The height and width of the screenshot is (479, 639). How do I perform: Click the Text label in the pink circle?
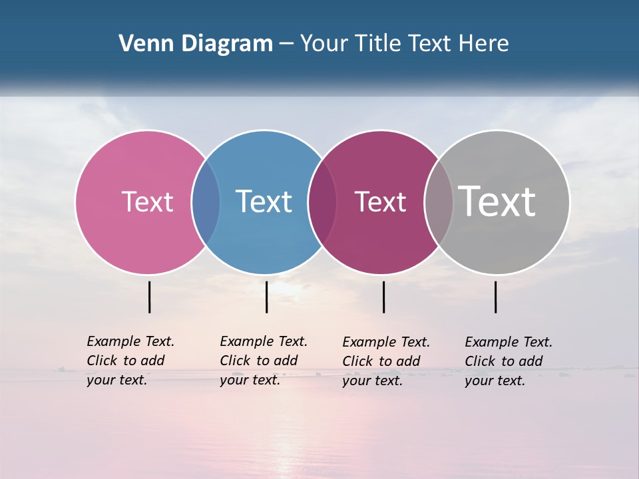click(147, 202)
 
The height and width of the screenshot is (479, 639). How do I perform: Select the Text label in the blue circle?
click(264, 202)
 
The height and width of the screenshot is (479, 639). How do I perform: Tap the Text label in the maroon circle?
click(380, 202)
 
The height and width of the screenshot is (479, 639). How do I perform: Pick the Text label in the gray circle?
click(497, 201)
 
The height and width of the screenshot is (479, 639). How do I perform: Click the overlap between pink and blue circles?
click(206, 202)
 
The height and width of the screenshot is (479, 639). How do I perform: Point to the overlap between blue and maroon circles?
click(322, 202)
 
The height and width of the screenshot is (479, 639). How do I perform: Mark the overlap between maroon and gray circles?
click(439, 202)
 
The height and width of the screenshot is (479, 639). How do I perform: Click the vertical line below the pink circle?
click(150, 297)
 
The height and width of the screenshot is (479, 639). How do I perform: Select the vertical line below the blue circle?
click(266, 297)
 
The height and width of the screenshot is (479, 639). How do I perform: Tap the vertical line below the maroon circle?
click(383, 297)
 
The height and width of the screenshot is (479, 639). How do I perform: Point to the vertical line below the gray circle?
click(496, 297)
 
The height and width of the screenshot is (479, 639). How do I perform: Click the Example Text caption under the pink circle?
click(130, 361)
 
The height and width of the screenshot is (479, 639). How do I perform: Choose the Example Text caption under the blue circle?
click(264, 361)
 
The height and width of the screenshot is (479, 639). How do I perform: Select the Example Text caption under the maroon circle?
click(386, 361)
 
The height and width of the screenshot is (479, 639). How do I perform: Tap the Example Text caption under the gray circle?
click(509, 361)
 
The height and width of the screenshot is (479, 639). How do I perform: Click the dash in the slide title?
click(286, 44)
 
